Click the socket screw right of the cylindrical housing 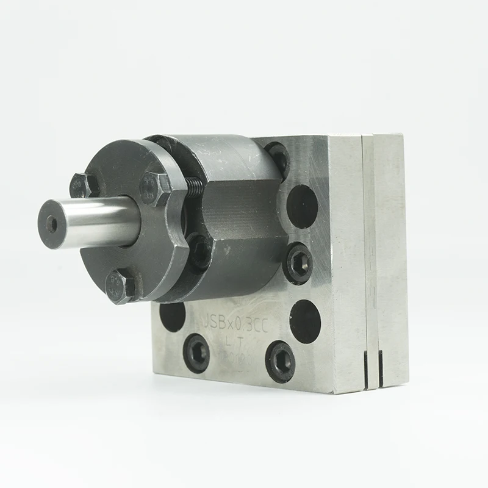pyautogui.click(x=298, y=262)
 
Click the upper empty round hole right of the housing pyautogui.click(x=303, y=206)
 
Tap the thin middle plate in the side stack pyautogui.click(x=371, y=256)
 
